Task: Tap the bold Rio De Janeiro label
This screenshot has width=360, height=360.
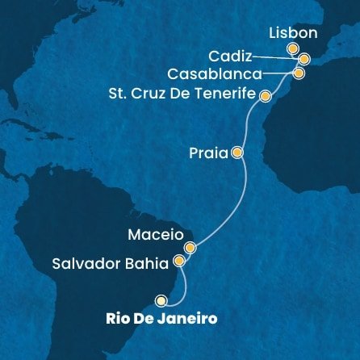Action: [x=161, y=318]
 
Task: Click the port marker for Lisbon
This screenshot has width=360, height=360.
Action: [x=293, y=50]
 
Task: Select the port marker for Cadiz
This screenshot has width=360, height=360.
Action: [x=303, y=59]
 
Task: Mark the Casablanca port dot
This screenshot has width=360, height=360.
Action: [x=299, y=73]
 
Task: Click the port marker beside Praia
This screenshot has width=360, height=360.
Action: [x=237, y=151]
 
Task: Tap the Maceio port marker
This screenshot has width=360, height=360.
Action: [x=190, y=248]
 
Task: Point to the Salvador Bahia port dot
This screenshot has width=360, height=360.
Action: [x=179, y=262]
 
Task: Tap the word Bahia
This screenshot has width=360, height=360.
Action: [x=152, y=262]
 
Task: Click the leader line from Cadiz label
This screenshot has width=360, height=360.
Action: [x=274, y=57]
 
